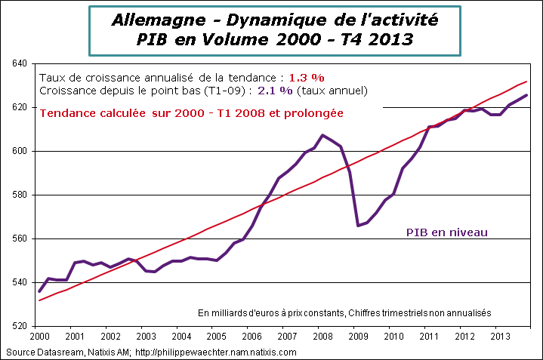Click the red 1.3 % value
coord(307,78)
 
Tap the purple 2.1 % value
coord(277,91)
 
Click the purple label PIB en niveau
coord(447,232)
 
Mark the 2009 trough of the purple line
coord(358,225)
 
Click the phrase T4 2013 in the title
coord(375,39)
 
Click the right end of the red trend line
coord(526,82)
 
